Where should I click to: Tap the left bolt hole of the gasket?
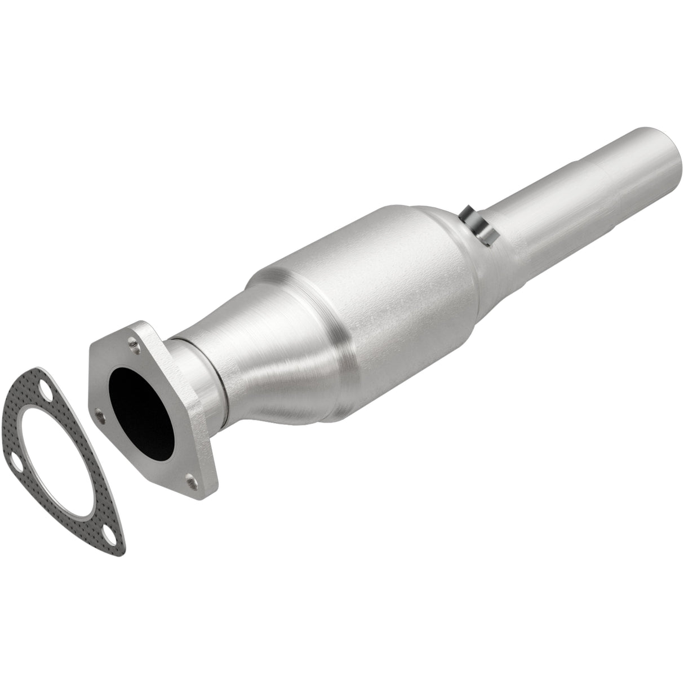coord(17,448)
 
